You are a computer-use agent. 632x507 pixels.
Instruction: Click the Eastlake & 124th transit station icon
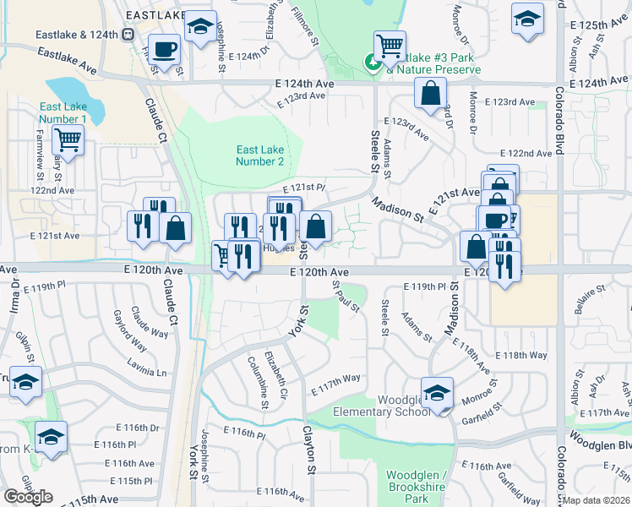128,35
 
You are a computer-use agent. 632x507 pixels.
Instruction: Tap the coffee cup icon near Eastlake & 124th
164,49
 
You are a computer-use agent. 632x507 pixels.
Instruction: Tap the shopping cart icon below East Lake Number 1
68,139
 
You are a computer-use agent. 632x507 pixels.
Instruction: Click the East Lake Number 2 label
259,155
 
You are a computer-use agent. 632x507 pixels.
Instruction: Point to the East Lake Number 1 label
62,113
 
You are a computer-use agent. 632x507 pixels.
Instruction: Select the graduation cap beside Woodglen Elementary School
438,393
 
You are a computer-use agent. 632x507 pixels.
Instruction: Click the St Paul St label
346,298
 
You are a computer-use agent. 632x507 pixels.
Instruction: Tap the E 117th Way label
335,383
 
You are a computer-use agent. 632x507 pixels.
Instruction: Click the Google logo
28,497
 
